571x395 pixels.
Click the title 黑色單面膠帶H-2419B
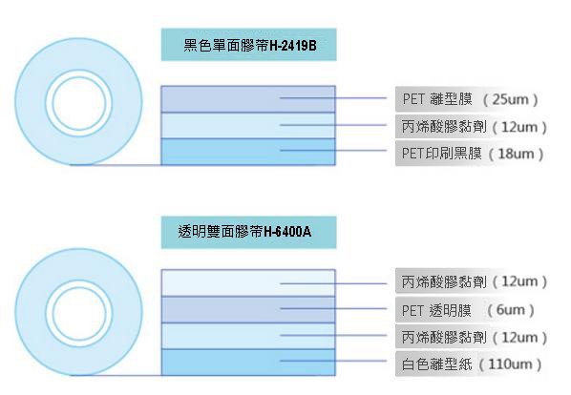(250, 46)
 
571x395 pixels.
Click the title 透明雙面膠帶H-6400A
(244, 231)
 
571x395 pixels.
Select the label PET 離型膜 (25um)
(470, 99)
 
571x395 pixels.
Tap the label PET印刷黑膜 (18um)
(473, 154)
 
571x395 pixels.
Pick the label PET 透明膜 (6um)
(468, 310)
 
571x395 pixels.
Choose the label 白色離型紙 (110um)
(472, 364)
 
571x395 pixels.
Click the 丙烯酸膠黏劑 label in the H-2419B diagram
(475, 127)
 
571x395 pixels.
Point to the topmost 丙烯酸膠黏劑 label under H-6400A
(475, 281)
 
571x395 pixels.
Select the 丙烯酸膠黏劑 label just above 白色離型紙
(475, 337)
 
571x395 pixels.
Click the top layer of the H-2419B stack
(248, 99)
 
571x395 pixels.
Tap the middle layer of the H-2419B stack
(248, 126)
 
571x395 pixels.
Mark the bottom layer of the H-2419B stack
(248, 152)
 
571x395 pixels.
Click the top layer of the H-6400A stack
(248, 283)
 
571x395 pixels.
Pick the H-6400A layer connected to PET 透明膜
(248, 310)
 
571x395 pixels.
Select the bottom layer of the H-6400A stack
(248, 363)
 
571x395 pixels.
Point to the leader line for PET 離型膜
(333, 98)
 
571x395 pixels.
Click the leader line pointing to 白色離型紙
(333, 361)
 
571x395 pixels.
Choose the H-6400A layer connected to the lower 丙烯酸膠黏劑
(248, 336)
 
